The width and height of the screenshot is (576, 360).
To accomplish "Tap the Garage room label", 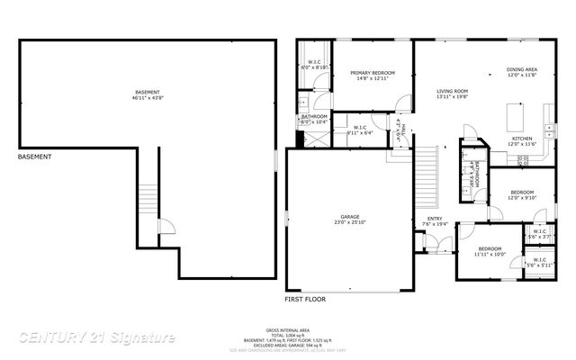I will coord(350,218).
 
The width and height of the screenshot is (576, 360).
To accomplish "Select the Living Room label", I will coord(454,92).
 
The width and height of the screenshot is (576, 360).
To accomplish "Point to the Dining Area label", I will coord(522,69).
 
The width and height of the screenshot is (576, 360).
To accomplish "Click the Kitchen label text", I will coord(523,139).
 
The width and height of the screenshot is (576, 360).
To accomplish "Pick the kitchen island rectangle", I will coord(516,116).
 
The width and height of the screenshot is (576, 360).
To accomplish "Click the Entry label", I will coord(435,219).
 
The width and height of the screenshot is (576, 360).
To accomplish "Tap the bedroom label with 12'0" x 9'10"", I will coord(523,193).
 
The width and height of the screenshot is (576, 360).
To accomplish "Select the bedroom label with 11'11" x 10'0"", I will coord(490,248).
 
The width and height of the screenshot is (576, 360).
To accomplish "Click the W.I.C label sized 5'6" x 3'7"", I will coord(540,232).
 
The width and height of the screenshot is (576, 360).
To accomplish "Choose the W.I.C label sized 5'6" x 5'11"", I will coord(540,261).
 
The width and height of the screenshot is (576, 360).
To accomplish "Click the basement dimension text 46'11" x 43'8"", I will coord(148,96).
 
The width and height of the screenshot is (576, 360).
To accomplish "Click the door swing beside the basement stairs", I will coord(164,229).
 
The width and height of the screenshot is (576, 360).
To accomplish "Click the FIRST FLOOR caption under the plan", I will coord(305,298).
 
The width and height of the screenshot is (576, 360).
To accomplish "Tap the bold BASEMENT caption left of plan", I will coord(35,157).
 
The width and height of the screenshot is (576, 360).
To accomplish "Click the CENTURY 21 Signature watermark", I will coord(97,337).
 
